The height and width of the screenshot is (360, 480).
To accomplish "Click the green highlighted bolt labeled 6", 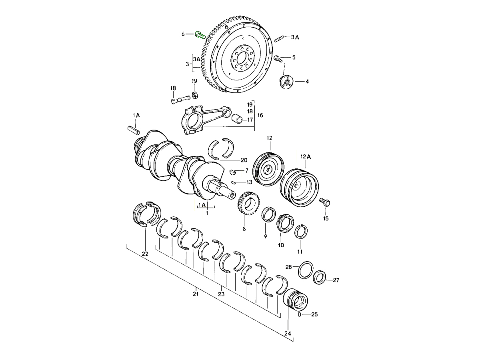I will pyautogui.click(x=200, y=35).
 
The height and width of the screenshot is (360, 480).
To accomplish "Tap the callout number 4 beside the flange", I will pyautogui.click(x=307, y=82).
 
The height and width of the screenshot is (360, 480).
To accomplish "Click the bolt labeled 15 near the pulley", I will pyautogui.click(x=324, y=202).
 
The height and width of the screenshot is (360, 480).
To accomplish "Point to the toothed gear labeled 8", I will pyautogui.click(x=248, y=204).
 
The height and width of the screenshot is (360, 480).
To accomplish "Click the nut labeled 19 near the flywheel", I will pyautogui.click(x=196, y=95).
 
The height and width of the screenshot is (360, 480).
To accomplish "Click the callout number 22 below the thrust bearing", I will pyautogui.click(x=145, y=254).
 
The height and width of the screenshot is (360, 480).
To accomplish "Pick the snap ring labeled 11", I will pyautogui.click(x=301, y=232).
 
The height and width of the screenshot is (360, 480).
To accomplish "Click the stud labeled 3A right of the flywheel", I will pyautogui.click(x=280, y=39).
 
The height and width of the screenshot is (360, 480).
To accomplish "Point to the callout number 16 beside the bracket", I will pyautogui.click(x=260, y=115).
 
